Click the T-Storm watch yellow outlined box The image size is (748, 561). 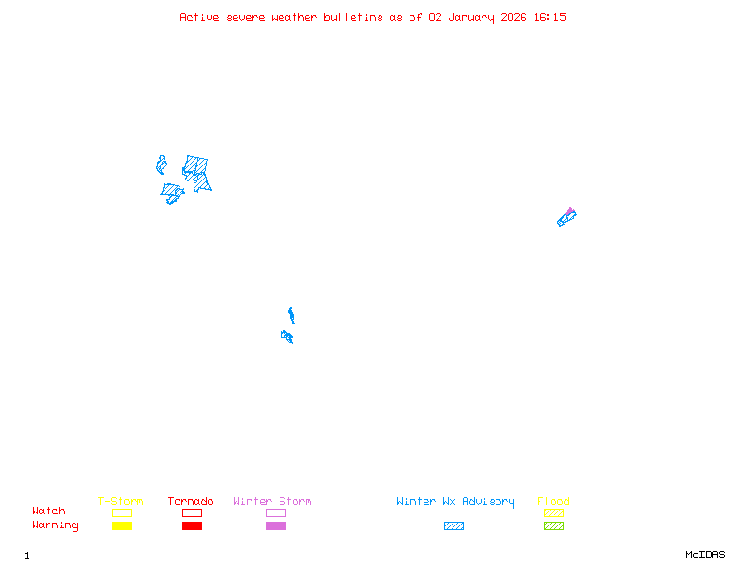[122, 512]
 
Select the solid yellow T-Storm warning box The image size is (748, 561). [122, 525]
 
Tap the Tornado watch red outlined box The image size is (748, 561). [192, 512]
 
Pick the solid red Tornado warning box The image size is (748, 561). [192, 525]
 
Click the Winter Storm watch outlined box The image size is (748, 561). [276, 512]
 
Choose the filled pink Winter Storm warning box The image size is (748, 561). [276, 525]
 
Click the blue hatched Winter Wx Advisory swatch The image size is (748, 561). [453, 525]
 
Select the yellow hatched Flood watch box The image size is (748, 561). [554, 512]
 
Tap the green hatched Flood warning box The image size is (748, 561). [554, 525]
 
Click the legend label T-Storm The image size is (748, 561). [121, 501]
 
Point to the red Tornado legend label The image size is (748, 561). [191, 501]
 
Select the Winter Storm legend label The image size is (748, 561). [272, 501]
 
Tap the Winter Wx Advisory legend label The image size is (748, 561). [455, 501]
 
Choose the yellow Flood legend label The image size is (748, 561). [554, 501]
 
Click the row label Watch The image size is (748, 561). [49, 511]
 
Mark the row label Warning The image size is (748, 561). [55, 525]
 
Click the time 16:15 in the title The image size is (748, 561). [549, 17]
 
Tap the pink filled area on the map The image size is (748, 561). [569, 211]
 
